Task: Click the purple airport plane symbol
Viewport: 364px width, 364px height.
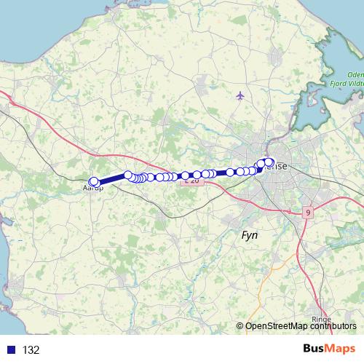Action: click(240, 95)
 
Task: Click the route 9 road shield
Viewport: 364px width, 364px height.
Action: click(308, 212)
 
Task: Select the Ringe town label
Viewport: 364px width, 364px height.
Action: click(320, 319)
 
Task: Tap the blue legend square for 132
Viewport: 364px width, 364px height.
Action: click(10, 349)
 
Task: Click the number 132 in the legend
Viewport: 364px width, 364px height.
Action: click(31, 349)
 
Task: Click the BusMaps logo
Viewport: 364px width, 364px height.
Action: click(330, 349)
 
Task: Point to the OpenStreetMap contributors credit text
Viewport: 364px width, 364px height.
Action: click(301, 326)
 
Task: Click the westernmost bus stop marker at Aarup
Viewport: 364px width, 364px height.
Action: click(92, 182)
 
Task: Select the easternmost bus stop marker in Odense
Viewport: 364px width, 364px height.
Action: click(269, 162)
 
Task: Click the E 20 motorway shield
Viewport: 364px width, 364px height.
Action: click(191, 181)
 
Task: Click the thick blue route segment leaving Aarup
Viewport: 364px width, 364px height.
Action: click(111, 178)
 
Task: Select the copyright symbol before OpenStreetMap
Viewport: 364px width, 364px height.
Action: click(240, 326)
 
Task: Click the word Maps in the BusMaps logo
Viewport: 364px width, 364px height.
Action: click(341, 349)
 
